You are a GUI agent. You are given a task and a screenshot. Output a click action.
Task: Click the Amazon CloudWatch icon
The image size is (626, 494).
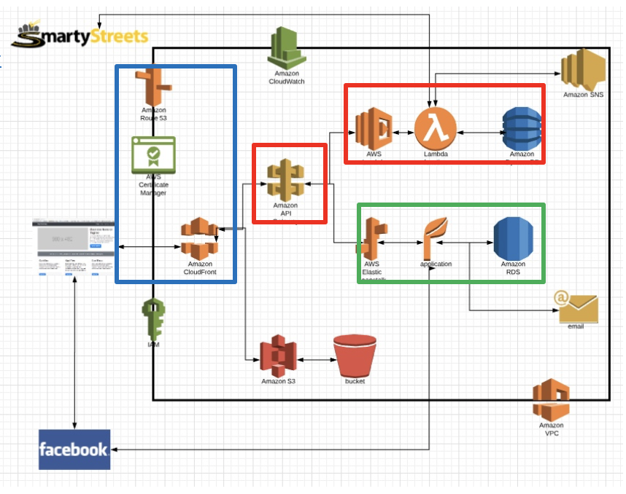[x=286, y=47]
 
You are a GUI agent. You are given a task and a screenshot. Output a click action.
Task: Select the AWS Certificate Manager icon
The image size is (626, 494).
[x=153, y=154]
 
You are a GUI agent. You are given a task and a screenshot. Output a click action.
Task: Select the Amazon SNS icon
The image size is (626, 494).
[x=583, y=70]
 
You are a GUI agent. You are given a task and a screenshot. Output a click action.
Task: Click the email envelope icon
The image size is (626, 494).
[x=577, y=307]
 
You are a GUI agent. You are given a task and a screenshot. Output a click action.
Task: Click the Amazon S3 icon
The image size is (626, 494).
[x=278, y=356]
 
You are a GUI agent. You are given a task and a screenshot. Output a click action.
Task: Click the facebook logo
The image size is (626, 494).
[x=74, y=449]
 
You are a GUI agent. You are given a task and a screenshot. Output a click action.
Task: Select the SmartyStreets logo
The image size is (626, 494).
[x=82, y=37]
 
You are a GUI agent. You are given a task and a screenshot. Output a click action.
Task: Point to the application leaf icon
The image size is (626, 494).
[x=435, y=236]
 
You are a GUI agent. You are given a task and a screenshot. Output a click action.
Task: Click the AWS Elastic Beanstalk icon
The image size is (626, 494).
[x=372, y=238]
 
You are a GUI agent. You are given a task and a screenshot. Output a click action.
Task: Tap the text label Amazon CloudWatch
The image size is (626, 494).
[x=286, y=77]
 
